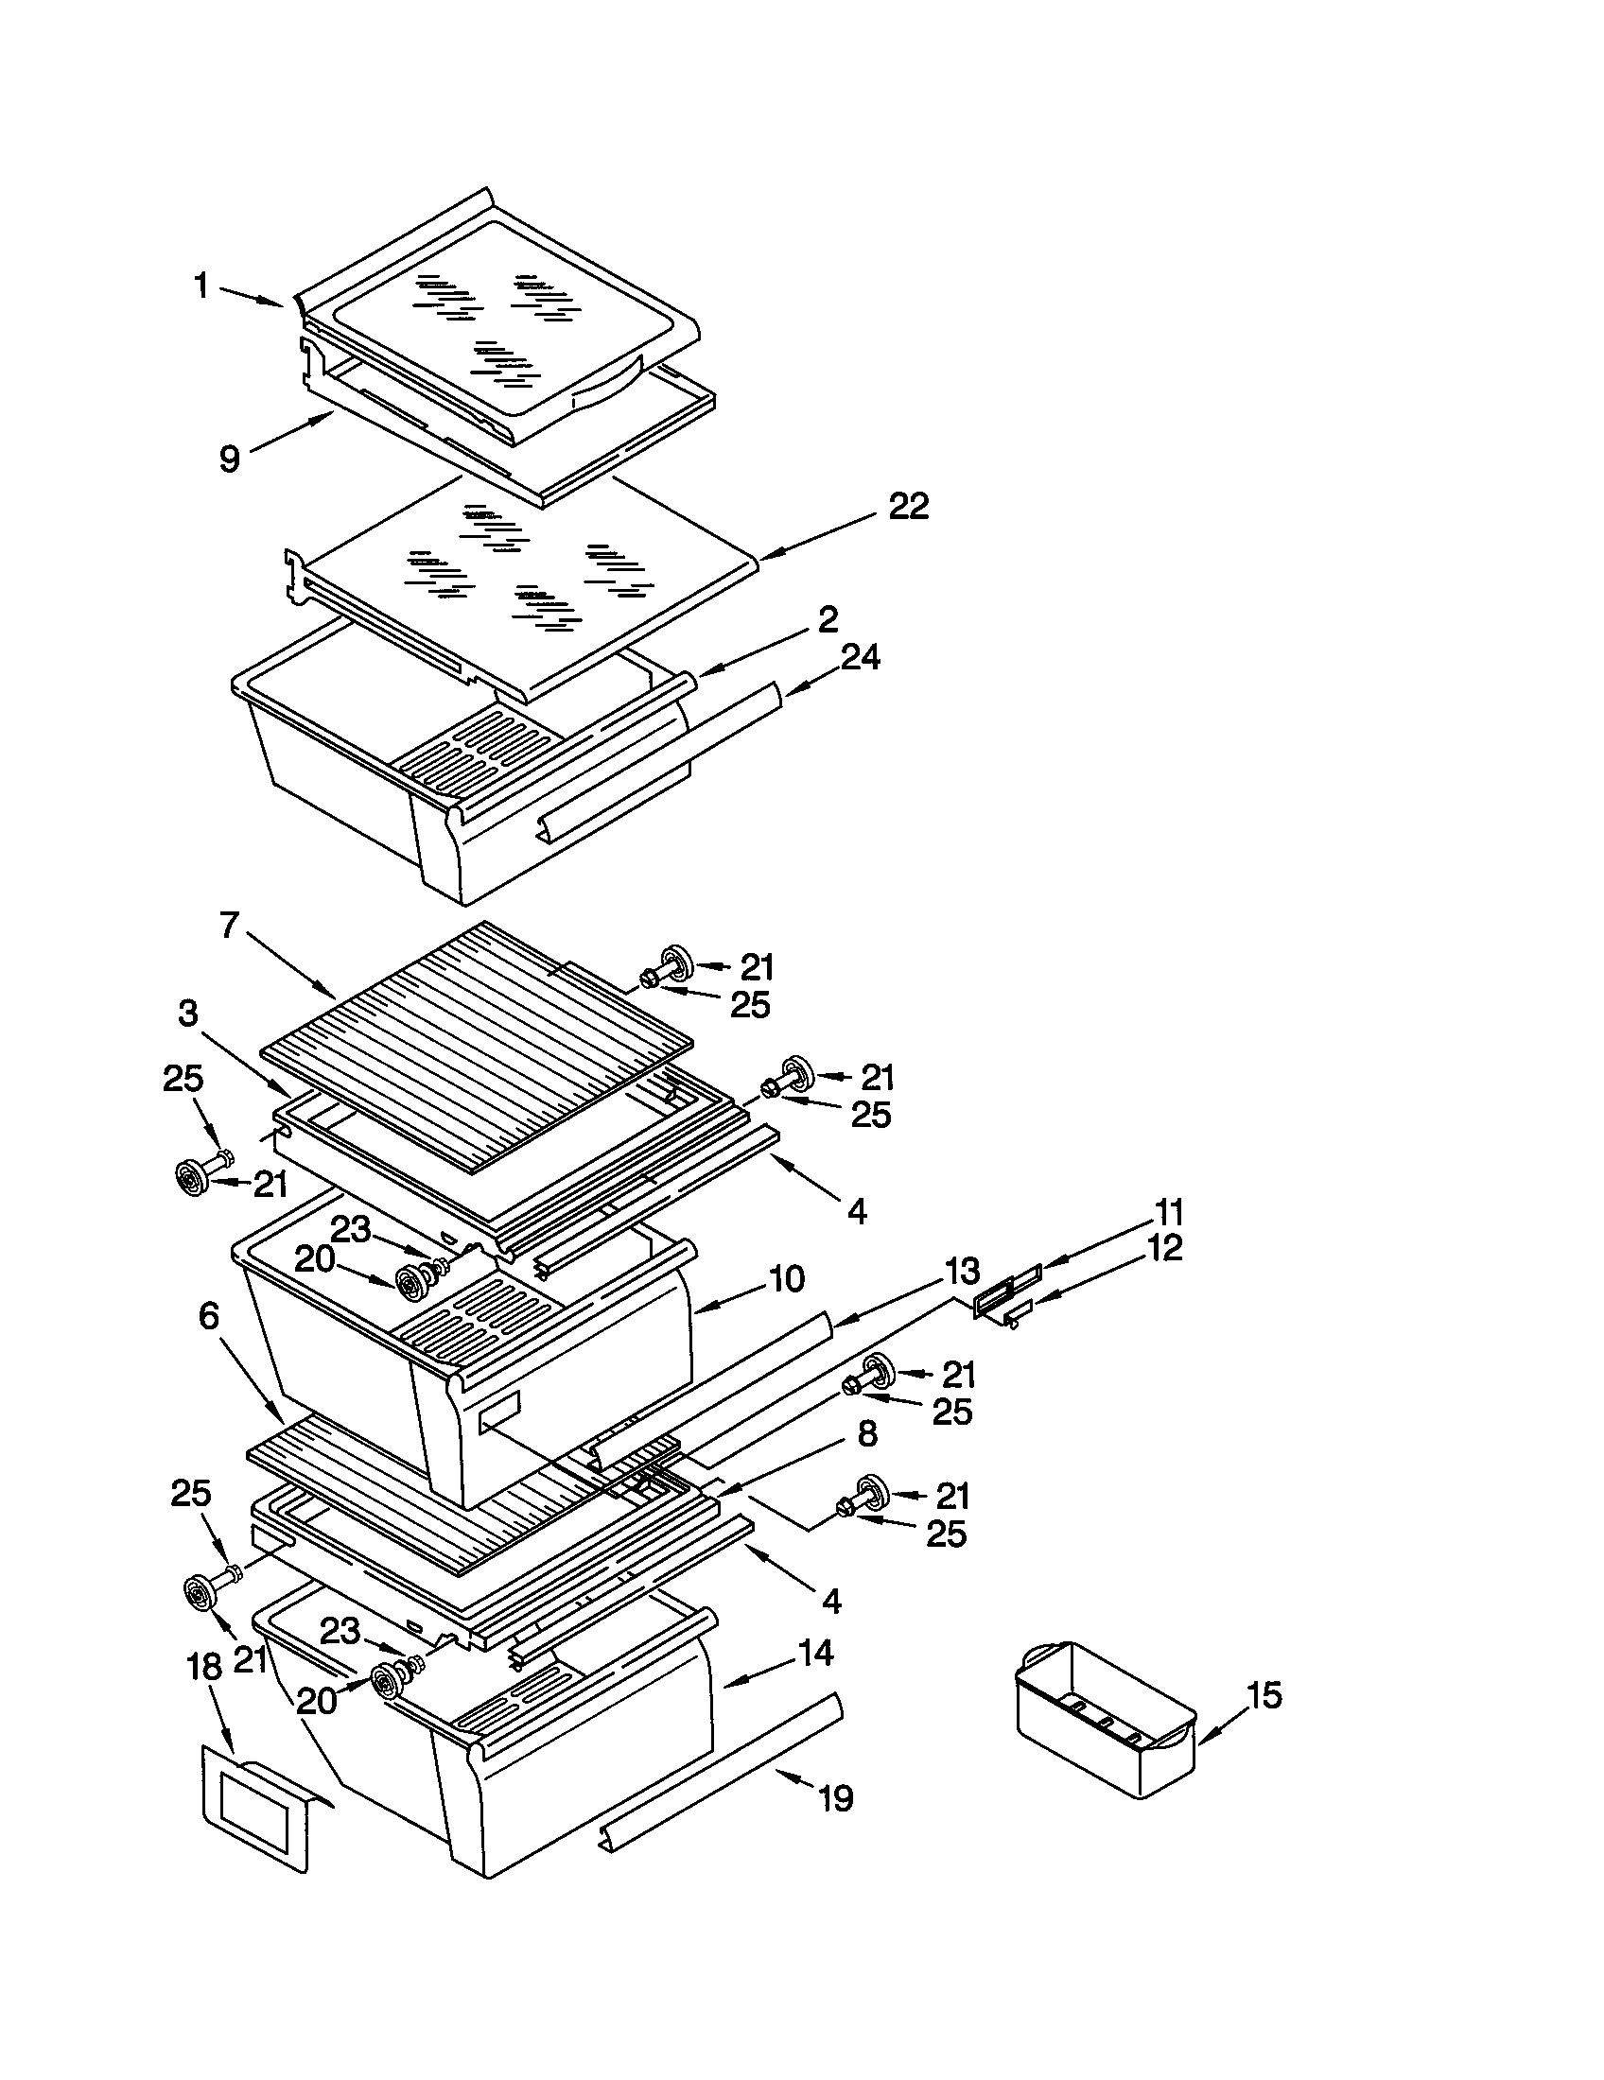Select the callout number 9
pyautogui.click(x=230, y=459)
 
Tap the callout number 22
pyautogui.click(x=908, y=507)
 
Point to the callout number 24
pyautogui.click(x=859, y=657)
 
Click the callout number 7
pyautogui.click(x=230, y=925)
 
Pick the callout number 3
pyautogui.click(x=187, y=1013)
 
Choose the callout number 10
pyautogui.click(x=787, y=1279)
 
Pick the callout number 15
pyautogui.click(x=1264, y=1695)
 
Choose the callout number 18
pyautogui.click(x=206, y=1667)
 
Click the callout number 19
pyautogui.click(x=835, y=1799)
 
